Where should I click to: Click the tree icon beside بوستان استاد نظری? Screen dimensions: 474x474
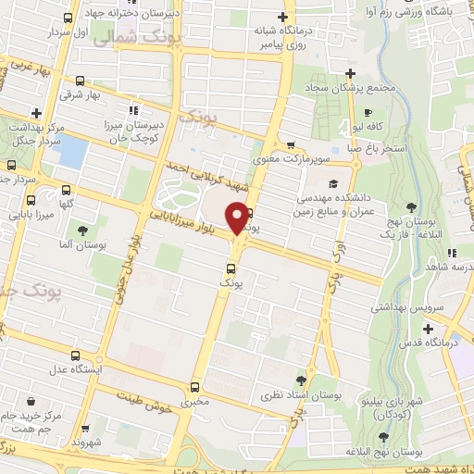tap(301, 380)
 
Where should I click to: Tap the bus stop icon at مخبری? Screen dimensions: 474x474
tap(194, 388)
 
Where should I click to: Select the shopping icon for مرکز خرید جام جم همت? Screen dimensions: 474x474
tap(33, 402)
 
